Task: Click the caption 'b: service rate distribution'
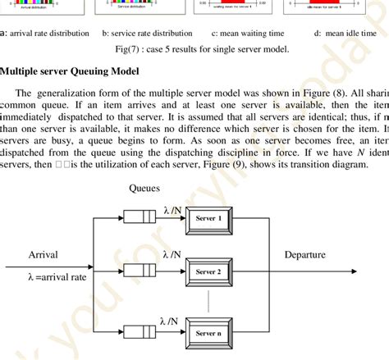(147, 34)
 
